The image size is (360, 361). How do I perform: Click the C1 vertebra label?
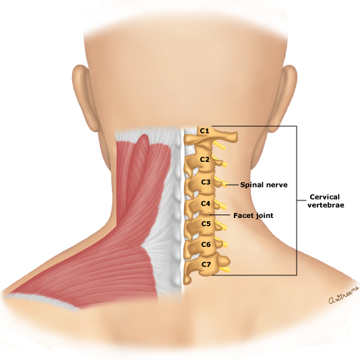[204, 131]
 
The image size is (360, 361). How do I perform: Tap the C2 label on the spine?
[204, 159]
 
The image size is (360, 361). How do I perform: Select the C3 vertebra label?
[206, 182]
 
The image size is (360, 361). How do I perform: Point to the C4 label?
[206, 204]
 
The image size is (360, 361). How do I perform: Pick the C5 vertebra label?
[206, 224]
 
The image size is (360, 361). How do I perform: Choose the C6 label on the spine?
[206, 244]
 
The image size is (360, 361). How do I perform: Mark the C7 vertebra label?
[206, 265]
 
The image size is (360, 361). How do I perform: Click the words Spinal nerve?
[264, 185]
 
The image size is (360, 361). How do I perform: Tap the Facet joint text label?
[253, 215]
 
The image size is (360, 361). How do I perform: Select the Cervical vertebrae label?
[326, 201]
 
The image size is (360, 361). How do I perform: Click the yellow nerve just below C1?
[219, 146]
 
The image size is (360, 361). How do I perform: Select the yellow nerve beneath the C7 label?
[224, 269]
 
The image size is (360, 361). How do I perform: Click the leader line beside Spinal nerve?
[232, 185]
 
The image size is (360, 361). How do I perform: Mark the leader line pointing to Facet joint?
[220, 215]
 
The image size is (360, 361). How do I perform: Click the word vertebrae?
[326, 205]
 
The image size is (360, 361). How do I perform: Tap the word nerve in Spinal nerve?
[276, 185]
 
